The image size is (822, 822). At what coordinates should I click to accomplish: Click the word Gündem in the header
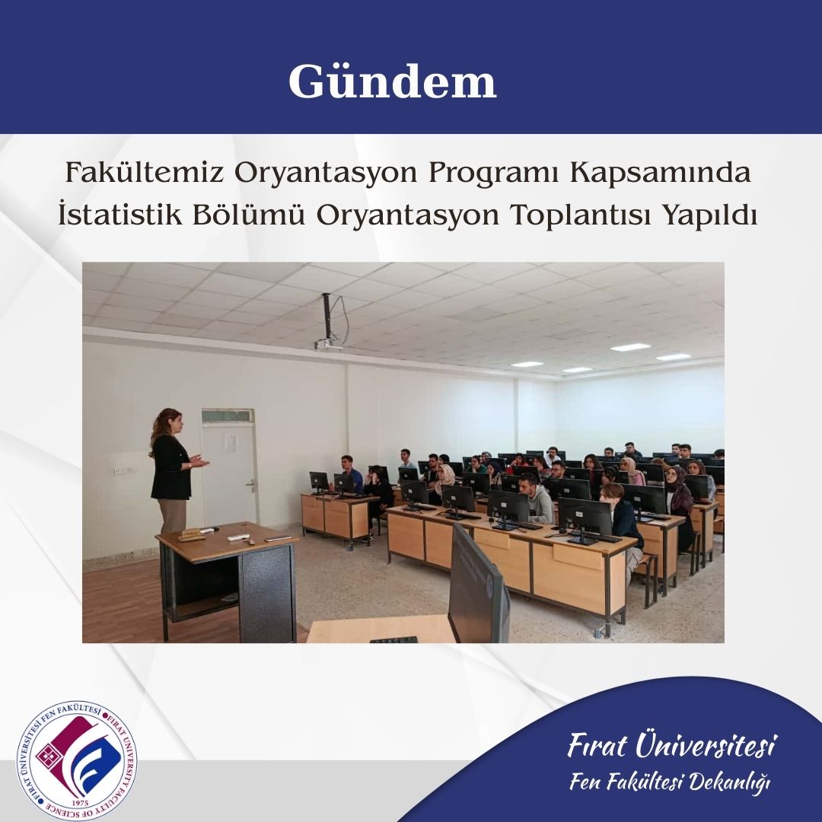pyautogui.click(x=392, y=81)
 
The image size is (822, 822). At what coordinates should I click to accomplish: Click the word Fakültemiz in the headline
pyautogui.click(x=144, y=172)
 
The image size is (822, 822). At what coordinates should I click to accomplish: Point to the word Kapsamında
pyautogui.click(x=661, y=174)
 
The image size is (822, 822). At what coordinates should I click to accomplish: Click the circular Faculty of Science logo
pyautogui.click(x=77, y=760)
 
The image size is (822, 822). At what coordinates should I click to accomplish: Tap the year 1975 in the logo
pyautogui.click(x=78, y=803)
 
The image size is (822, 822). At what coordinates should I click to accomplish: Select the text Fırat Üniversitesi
pyautogui.click(x=671, y=744)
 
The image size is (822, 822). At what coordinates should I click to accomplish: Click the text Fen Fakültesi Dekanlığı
pyautogui.click(x=670, y=782)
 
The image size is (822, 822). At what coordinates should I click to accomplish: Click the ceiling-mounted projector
pyautogui.click(x=329, y=344)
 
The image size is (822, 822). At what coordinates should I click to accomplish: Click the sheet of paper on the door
pyautogui.click(x=230, y=444)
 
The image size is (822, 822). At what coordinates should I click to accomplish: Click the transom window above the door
pyautogui.click(x=228, y=416)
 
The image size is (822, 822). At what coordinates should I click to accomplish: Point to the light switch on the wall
pyautogui.click(x=119, y=470)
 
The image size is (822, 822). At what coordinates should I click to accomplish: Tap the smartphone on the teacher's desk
pyautogui.click(x=278, y=538)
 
